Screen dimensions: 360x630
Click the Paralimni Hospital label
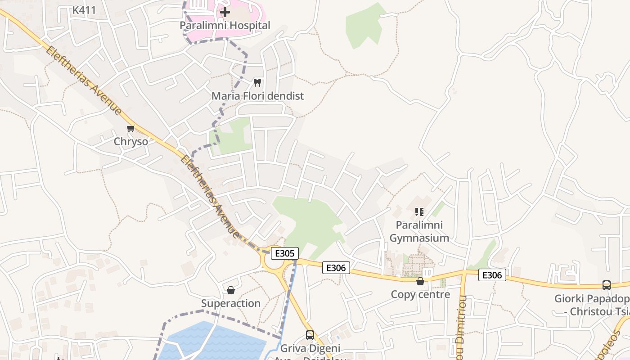coord(225,25)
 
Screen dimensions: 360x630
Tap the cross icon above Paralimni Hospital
coord(225,12)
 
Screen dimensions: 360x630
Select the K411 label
coord(84,10)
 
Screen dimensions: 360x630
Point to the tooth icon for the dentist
coord(257,82)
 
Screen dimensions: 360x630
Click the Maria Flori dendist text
coord(257,96)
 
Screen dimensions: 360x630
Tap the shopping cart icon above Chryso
coord(131,128)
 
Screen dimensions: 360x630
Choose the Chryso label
coord(131,141)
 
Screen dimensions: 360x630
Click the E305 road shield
coord(284,253)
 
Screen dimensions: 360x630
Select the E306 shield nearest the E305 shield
coord(336,268)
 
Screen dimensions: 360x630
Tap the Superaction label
coord(231,303)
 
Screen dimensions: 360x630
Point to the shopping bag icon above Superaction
coord(231,290)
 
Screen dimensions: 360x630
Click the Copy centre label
coord(420,294)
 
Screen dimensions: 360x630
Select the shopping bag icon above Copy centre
coord(420,281)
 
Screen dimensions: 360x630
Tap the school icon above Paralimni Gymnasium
coord(419,211)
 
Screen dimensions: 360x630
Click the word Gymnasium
coord(419,238)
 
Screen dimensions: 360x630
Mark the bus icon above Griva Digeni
coord(310,335)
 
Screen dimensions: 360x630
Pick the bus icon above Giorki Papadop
coord(607,285)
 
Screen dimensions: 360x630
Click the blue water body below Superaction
coord(216,342)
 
